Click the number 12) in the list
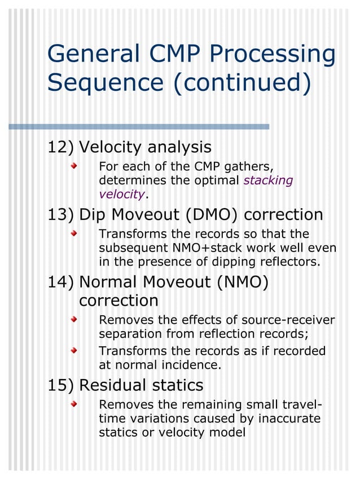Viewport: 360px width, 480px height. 60,148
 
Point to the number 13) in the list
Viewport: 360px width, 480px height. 60,215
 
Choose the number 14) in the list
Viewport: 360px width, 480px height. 60,281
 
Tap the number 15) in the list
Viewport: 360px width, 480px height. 60,385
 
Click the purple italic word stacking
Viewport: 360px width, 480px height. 268,181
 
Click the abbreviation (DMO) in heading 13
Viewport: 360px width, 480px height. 210,215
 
